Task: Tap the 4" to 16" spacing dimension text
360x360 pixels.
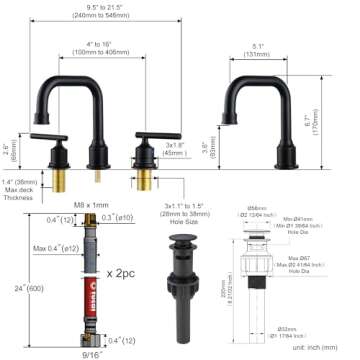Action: [x=97, y=47]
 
